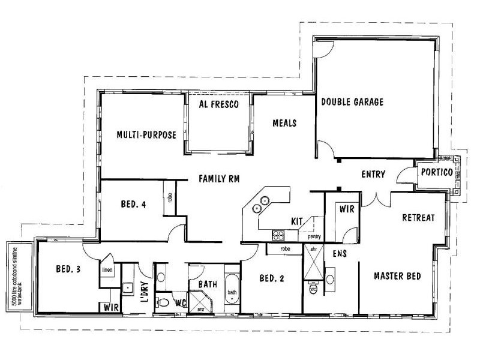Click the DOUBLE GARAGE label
pyautogui.click(x=352, y=102)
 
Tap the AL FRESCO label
pyautogui.click(x=219, y=104)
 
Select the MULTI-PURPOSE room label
pyautogui.click(x=146, y=135)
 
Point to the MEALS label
pyautogui.click(x=284, y=123)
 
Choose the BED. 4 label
pyautogui.click(x=134, y=204)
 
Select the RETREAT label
pyautogui.click(x=418, y=217)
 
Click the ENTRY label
pyautogui.click(x=373, y=175)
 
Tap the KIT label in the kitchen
pyautogui.click(x=296, y=221)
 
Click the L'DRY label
pyautogui.click(x=144, y=292)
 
